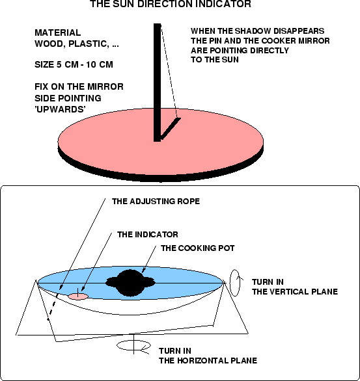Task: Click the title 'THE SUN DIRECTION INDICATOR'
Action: [x=171, y=4]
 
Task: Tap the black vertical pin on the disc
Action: [x=158, y=83]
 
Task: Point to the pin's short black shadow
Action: [x=171, y=129]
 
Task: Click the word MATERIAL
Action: [x=58, y=33]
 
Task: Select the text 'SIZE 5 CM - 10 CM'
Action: [x=74, y=64]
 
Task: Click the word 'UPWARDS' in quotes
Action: [x=60, y=109]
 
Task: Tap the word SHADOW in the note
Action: [x=253, y=31]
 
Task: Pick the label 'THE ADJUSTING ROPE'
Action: [x=156, y=202]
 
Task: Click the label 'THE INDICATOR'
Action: [x=147, y=235]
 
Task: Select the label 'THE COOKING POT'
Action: [x=197, y=248]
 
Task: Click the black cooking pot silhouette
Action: [x=130, y=283]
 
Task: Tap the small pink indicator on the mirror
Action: [x=78, y=296]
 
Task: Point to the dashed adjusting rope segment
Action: [x=53, y=306]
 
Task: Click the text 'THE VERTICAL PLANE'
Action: [x=295, y=291]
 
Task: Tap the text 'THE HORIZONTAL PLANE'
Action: [x=208, y=361]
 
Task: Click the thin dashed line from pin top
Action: [x=169, y=71]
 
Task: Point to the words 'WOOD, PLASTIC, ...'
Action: [x=77, y=44]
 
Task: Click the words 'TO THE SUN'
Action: [x=215, y=60]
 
